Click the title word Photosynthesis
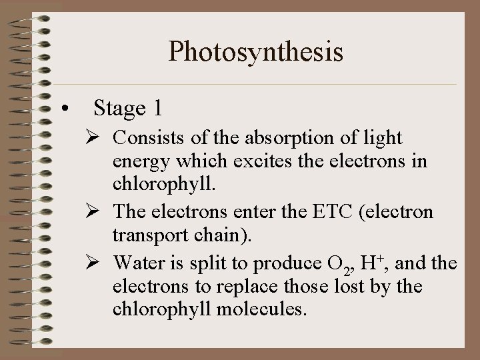click(256, 52)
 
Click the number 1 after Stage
click(157, 108)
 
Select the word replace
click(235, 287)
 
